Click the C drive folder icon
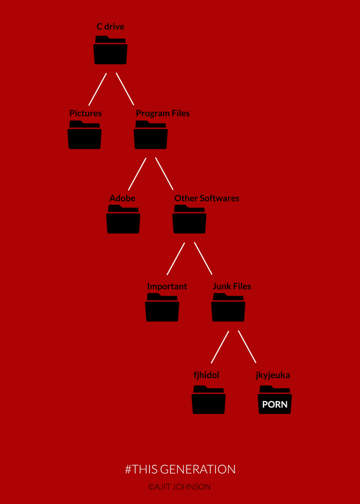(x=110, y=50)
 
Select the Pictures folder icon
(x=85, y=135)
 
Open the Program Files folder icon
(x=151, y=135)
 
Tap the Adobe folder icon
(x=123, y=219)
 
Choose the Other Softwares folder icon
(x=189, y=219)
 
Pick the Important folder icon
(x=162, y=307)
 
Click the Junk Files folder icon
(x=228, y=307)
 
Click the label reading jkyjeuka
(x=273, y=376)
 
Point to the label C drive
(x=111, y=27)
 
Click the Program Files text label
(x=163, y=114)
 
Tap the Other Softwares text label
(x=207, y=198)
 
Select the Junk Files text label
(x=232, y=286)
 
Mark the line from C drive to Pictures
(x=97, y=89)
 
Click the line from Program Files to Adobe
(x=137, y=174)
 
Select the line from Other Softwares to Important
(x=176, y=259)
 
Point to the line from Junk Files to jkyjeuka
(x=247, y=347)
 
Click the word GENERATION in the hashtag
(x=198, y=469)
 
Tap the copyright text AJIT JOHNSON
(x=182, y=487)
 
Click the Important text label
(x=167, y=286)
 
